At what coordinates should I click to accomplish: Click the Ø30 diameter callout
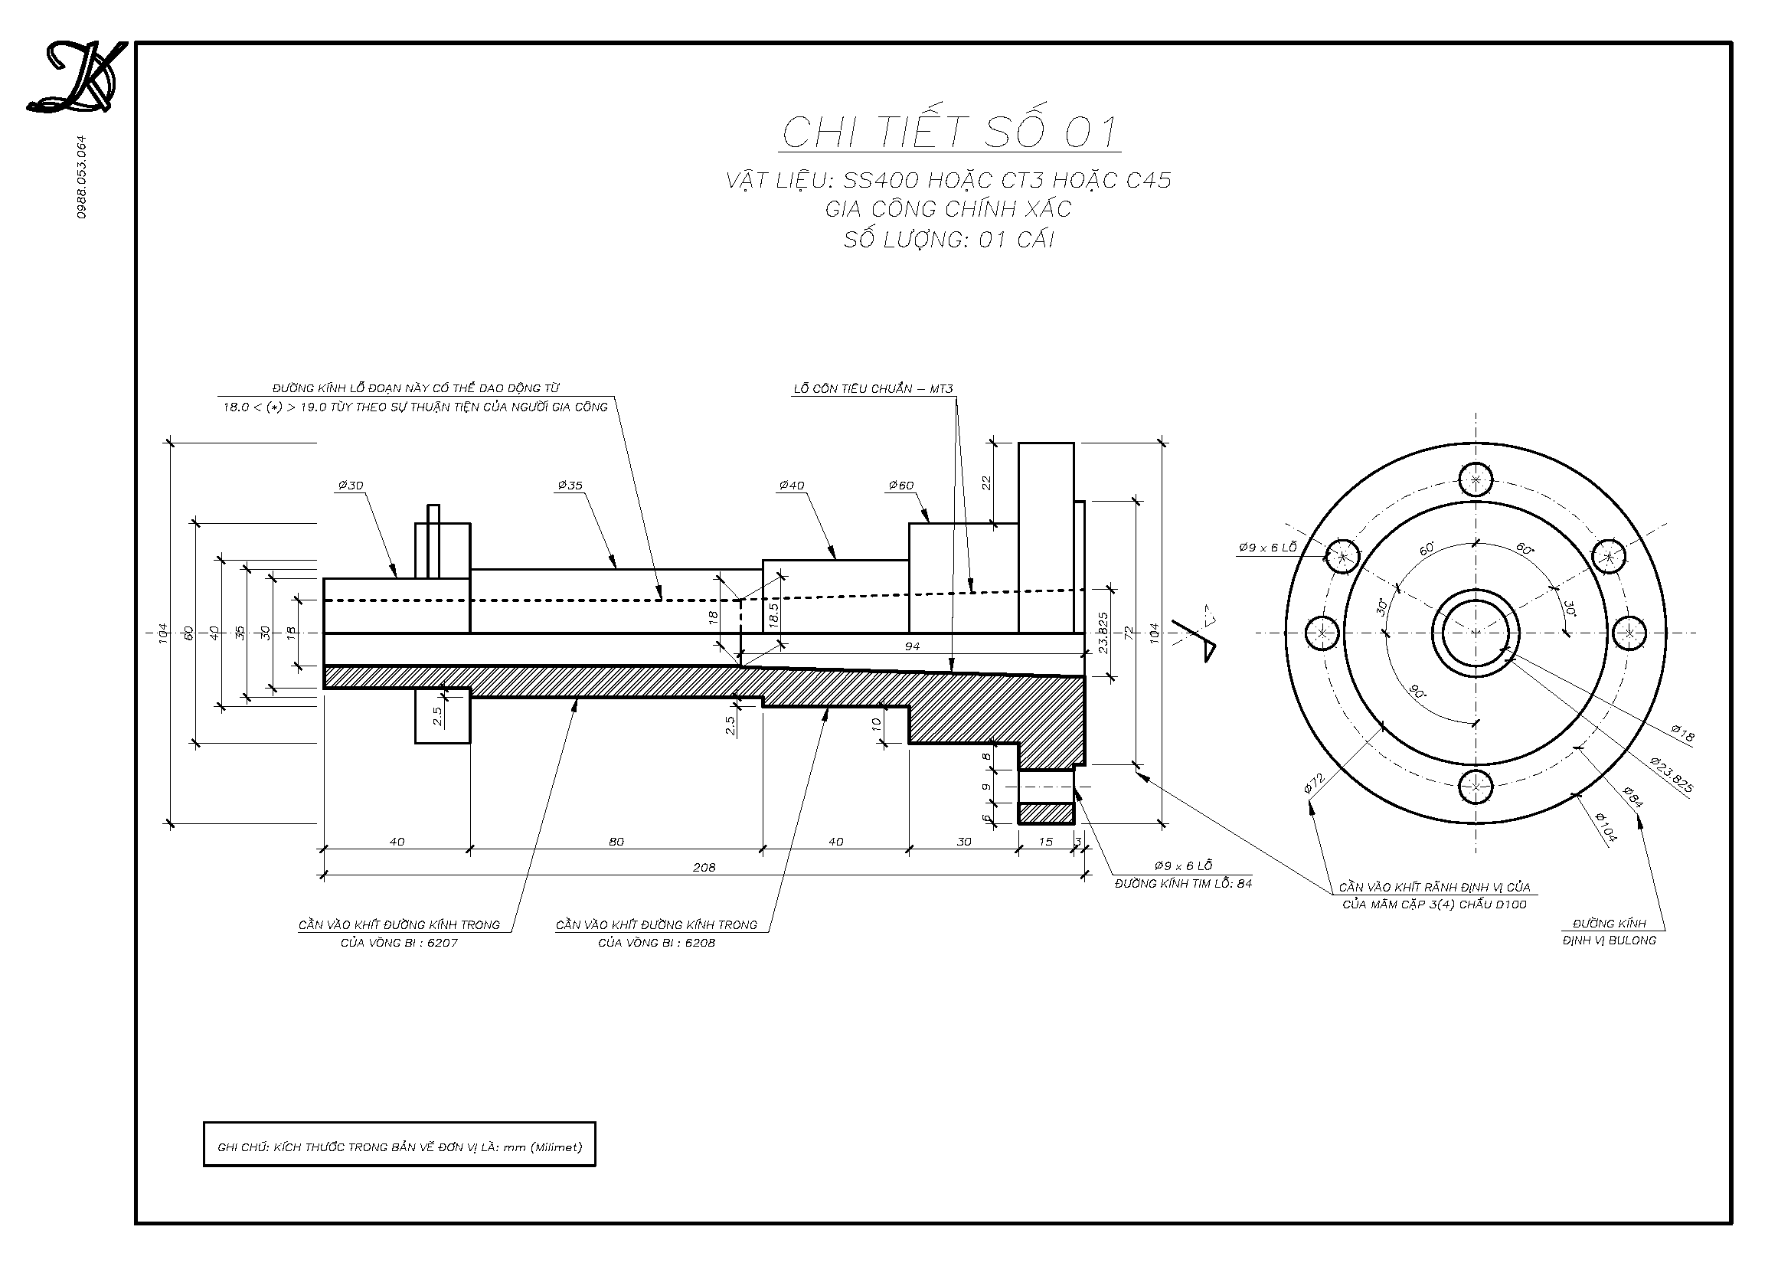pos(350,485)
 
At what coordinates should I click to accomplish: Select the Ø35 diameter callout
pos(570,485)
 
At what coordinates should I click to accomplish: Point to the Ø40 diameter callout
pos(791,485)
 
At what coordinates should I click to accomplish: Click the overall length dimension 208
pos(704,867)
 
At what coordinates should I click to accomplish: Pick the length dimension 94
pos(911,646)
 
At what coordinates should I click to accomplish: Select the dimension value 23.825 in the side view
pos(1102,633)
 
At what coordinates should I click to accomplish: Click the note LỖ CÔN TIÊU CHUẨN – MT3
pos(873,388)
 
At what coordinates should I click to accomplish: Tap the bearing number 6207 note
pos(399,942)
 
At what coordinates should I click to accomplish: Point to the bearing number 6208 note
pos(656,942)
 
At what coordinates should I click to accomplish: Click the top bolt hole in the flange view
pos(1475,479)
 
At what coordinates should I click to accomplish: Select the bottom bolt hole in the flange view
pos(1475,787)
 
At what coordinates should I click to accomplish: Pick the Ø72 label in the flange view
pos(1315,784)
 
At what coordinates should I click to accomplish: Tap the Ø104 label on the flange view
pos(1606,827)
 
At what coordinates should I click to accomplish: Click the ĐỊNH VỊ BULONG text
pos(1610,941)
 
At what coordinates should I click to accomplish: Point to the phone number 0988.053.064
pos(82,177)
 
